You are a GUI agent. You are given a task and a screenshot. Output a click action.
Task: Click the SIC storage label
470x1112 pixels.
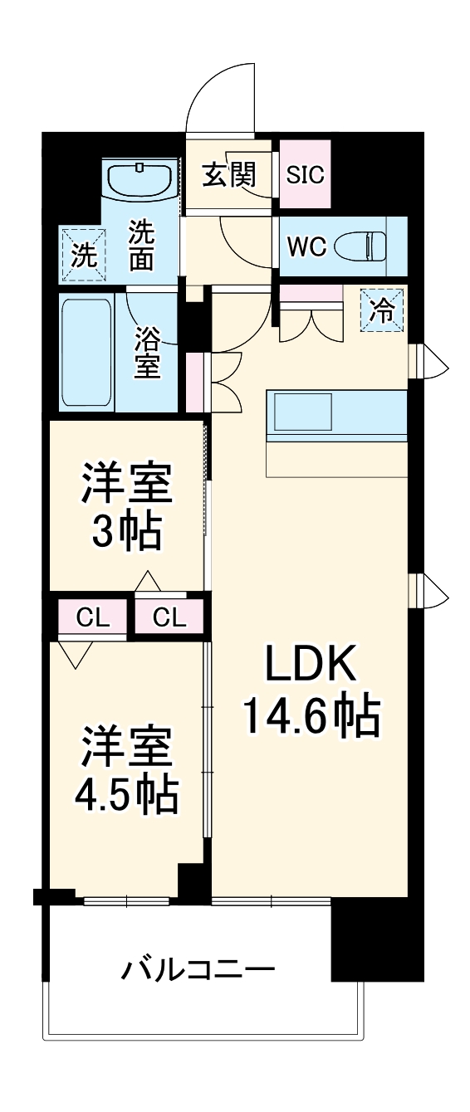click(306, 175)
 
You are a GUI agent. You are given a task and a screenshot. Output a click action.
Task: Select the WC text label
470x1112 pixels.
click(306, 246)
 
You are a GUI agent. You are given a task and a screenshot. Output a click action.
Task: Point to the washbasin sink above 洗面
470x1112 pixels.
click(140, 178)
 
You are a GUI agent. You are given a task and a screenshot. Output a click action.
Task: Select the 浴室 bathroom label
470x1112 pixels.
click(147, 351)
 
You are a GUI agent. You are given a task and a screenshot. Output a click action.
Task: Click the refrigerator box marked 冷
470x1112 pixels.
click(381, 310)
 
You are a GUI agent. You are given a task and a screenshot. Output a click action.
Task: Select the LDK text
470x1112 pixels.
click(311, 664)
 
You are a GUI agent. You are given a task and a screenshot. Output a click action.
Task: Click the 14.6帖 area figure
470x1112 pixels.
click(311, 715)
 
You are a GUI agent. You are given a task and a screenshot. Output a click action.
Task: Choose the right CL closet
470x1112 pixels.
click(169, 617)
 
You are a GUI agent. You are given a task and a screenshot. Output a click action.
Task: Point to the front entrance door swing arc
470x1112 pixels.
click(218, 95)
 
